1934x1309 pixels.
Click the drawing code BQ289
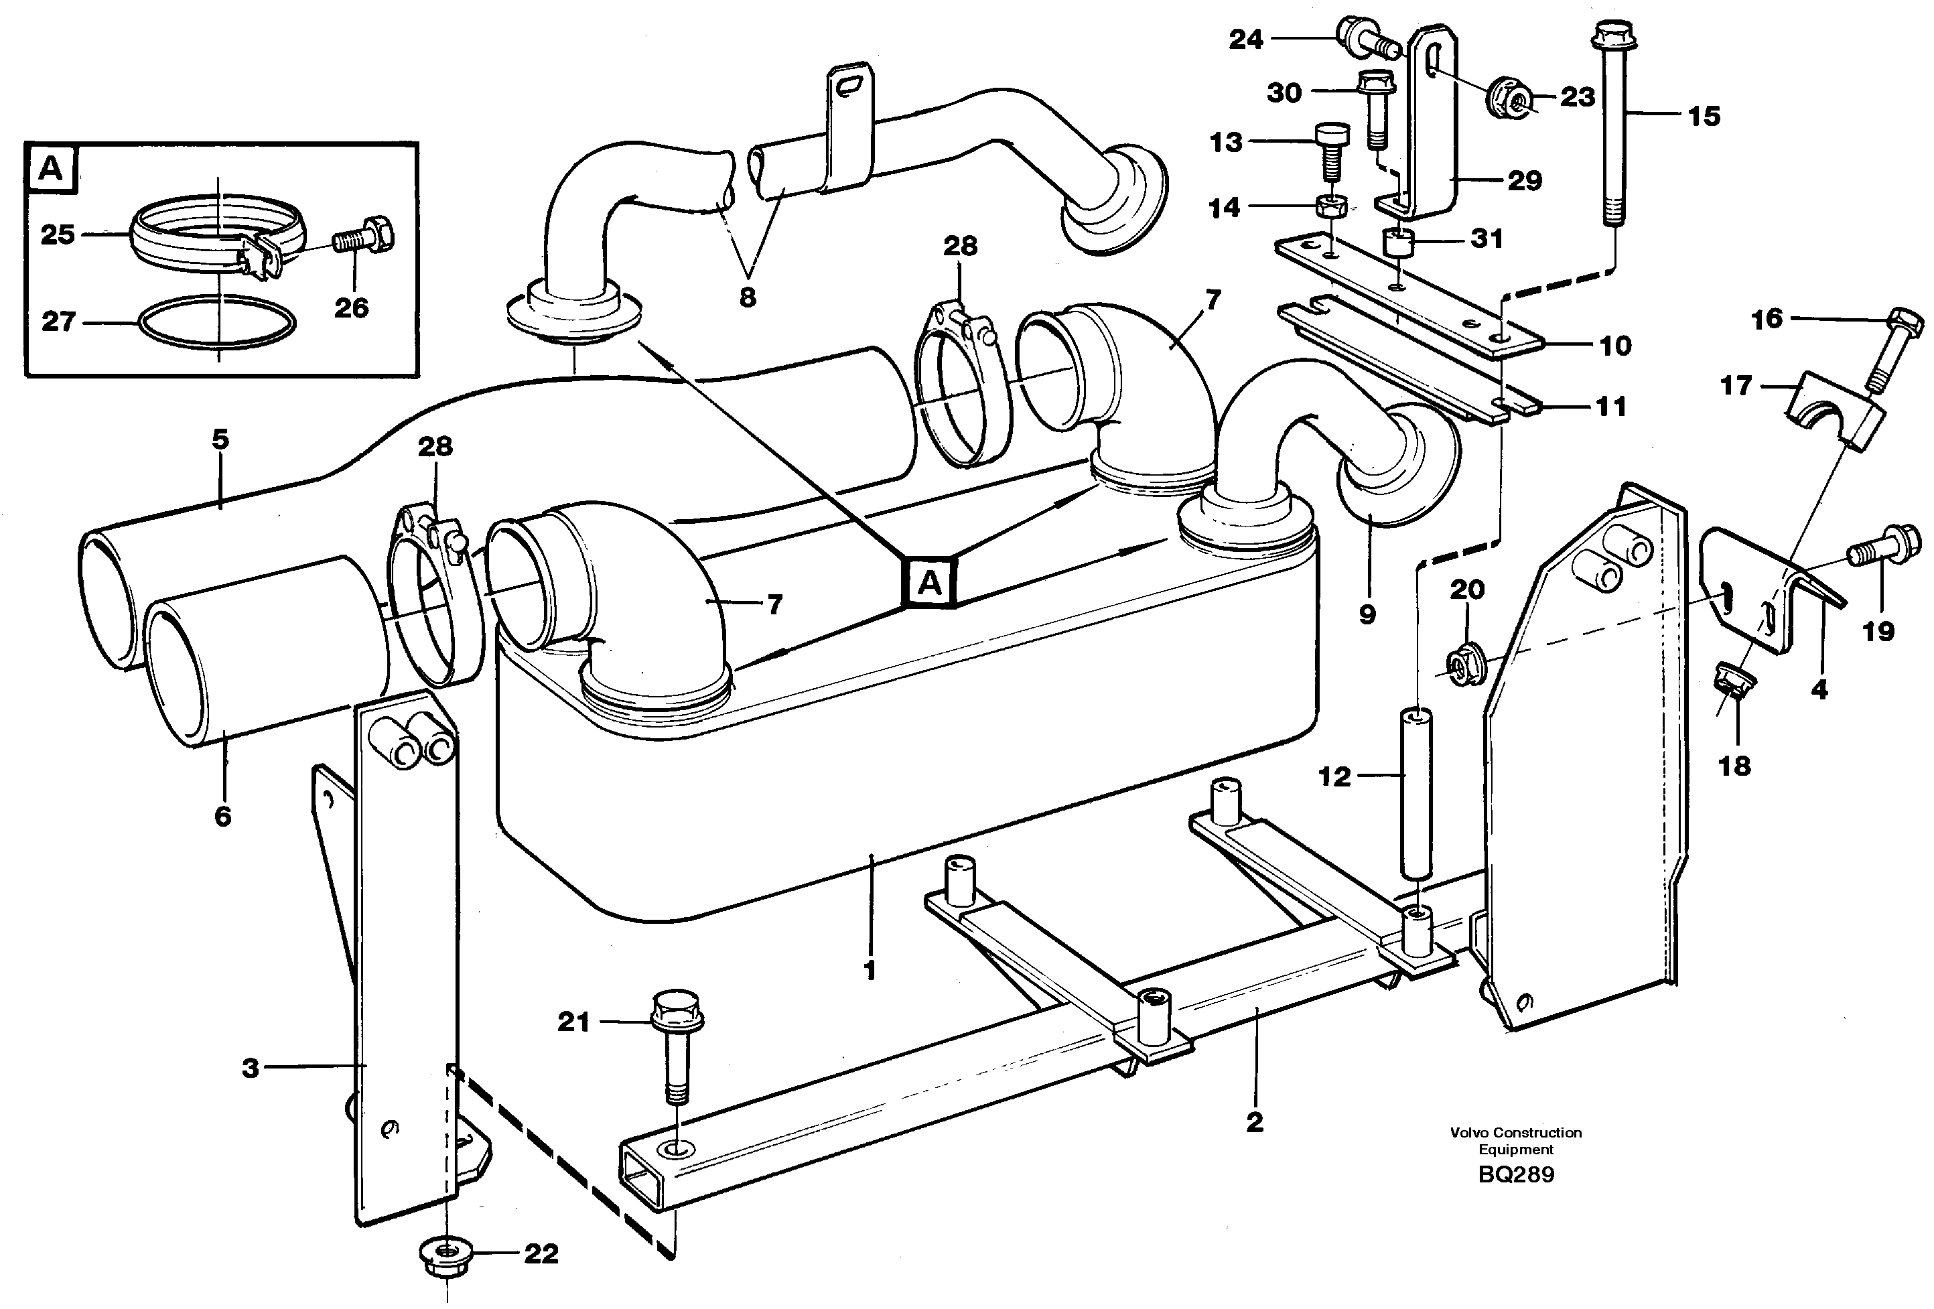(1515, 1174)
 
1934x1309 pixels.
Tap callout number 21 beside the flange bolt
(573, 1021)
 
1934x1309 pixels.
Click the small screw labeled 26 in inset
(364, 240)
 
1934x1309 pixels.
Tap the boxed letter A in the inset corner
(50, 169)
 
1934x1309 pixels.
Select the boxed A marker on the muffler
(930, 583)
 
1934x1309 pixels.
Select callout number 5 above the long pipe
(220, 439)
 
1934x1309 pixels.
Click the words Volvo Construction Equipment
(1515, 1140)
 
